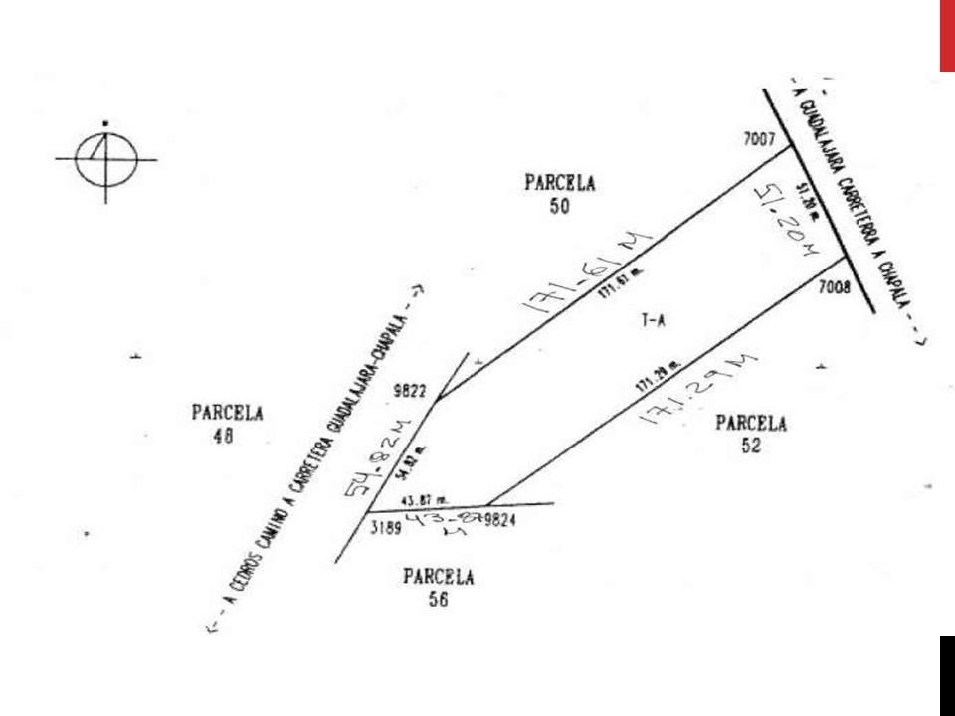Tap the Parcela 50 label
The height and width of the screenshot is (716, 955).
[x=559, y=194]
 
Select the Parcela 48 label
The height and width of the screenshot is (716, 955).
[x=227, y=424]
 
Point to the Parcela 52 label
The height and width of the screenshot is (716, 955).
[x=751, y=435]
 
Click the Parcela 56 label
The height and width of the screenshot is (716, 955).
[x=439, y=587]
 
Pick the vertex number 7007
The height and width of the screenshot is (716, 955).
[x=759, y=140]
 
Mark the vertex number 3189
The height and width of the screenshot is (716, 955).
[x=385, y=529]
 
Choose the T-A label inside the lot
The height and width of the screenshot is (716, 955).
[x=654, y=320]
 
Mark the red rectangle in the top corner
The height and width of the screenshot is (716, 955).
[x=947, y=36]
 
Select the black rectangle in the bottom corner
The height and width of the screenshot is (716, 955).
[x=947, y=676]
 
